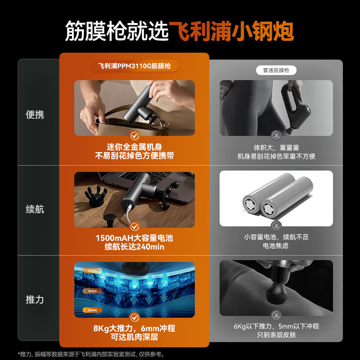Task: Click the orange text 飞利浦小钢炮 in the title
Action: click(x=231, y=31)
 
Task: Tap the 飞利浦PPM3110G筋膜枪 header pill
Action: click(x=135, y=66)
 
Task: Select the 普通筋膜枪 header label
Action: click(x=276, y=71)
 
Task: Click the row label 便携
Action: click(x=35, y=115)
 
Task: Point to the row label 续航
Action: click(x=35, y=209)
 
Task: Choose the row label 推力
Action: click(x=35, y=299)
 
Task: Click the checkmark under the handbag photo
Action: click(x=134, y=135)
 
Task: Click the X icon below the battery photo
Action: click(x=276, y=225)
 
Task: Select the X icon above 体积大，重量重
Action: click(x=276, y=135)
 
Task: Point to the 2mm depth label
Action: click(x=92, y=271)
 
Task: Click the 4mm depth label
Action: click(x=92, y=291)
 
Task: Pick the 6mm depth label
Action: click(x=92, y=310)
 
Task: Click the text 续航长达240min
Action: click(x=134, y=247)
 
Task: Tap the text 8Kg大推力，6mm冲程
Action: click(x=134, y=328)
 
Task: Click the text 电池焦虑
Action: click(x=276, y=246)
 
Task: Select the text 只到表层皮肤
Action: click(x=276, y=336)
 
